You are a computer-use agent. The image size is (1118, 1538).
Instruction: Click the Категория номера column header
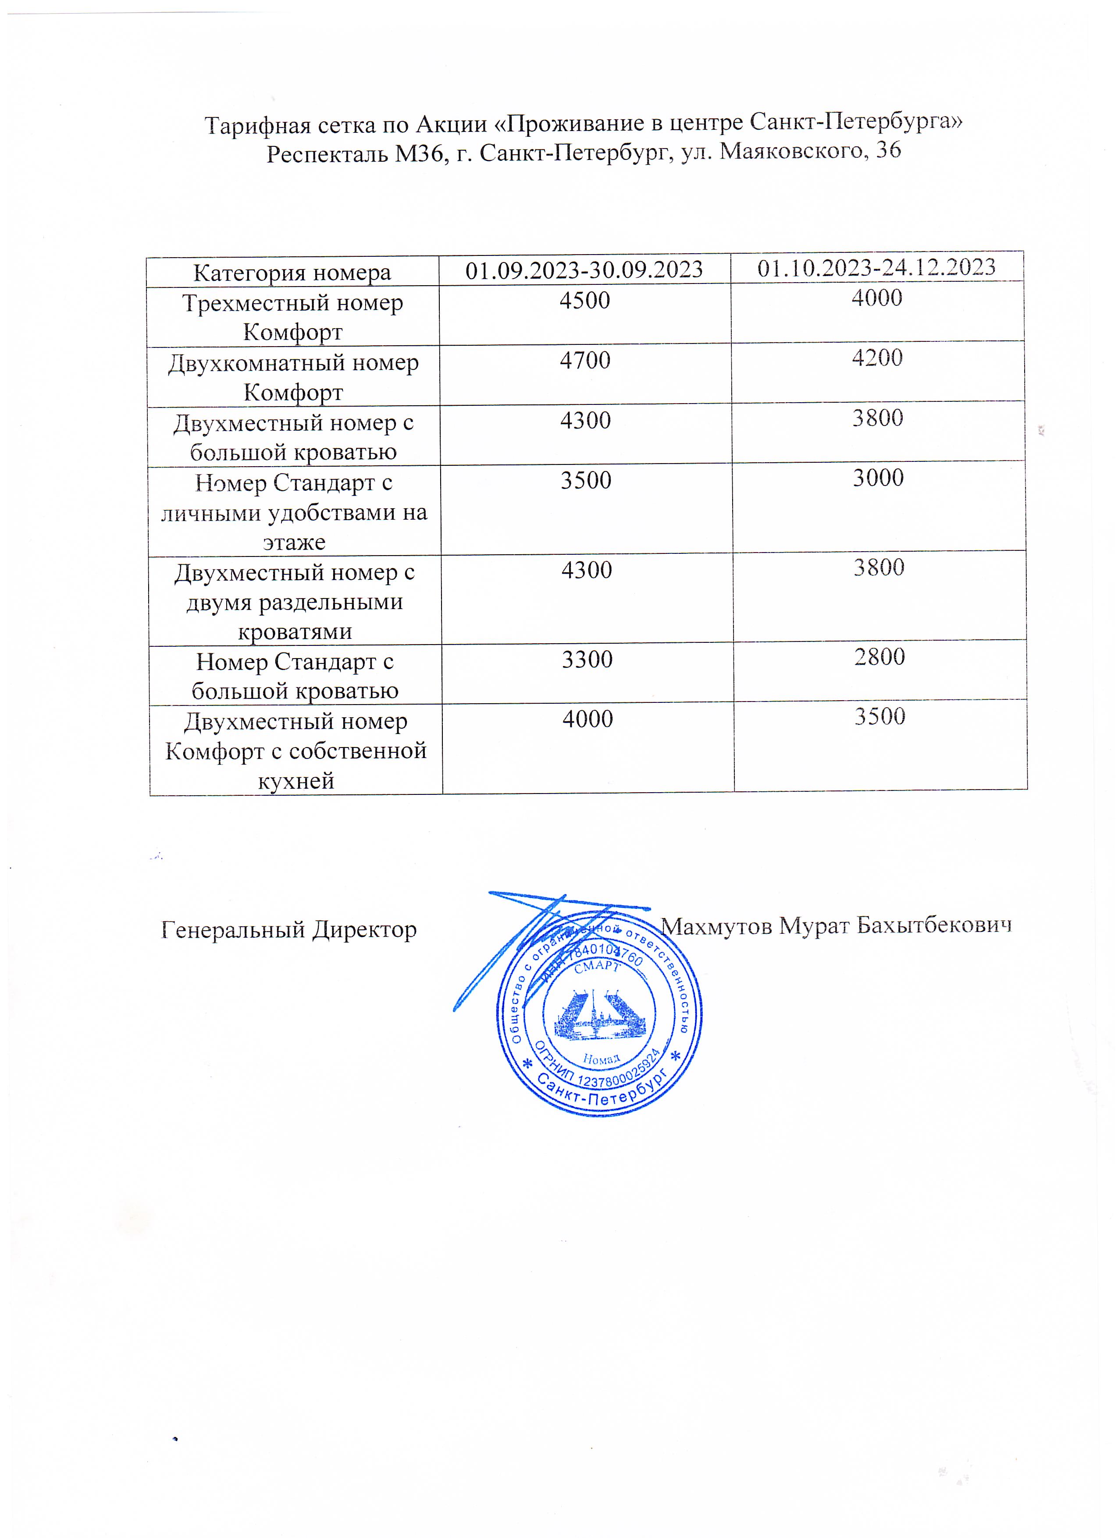click(292, 273)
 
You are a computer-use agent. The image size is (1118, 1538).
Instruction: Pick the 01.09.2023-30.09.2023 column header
click(584, 270)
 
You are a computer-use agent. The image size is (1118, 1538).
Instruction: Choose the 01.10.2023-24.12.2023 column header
click(876, 267)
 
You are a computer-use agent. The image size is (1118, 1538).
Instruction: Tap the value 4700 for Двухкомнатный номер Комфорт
click(585, 360)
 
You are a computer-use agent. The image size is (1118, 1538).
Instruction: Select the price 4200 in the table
click(877, 358)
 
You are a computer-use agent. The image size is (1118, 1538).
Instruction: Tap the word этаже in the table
click(295, 542)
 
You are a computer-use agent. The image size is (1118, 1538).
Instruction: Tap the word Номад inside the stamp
click(601, 1059)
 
